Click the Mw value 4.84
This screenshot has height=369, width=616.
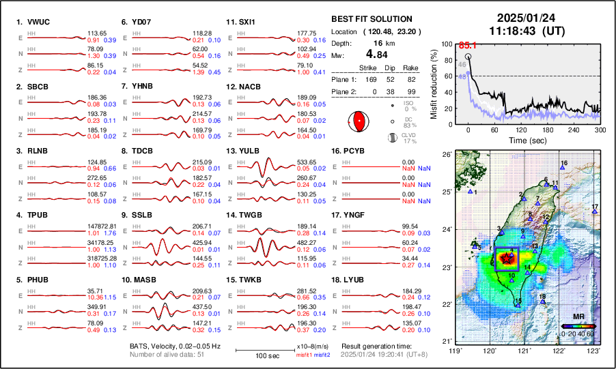point(376,55)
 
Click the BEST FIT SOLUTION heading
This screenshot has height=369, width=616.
point(371,19)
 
